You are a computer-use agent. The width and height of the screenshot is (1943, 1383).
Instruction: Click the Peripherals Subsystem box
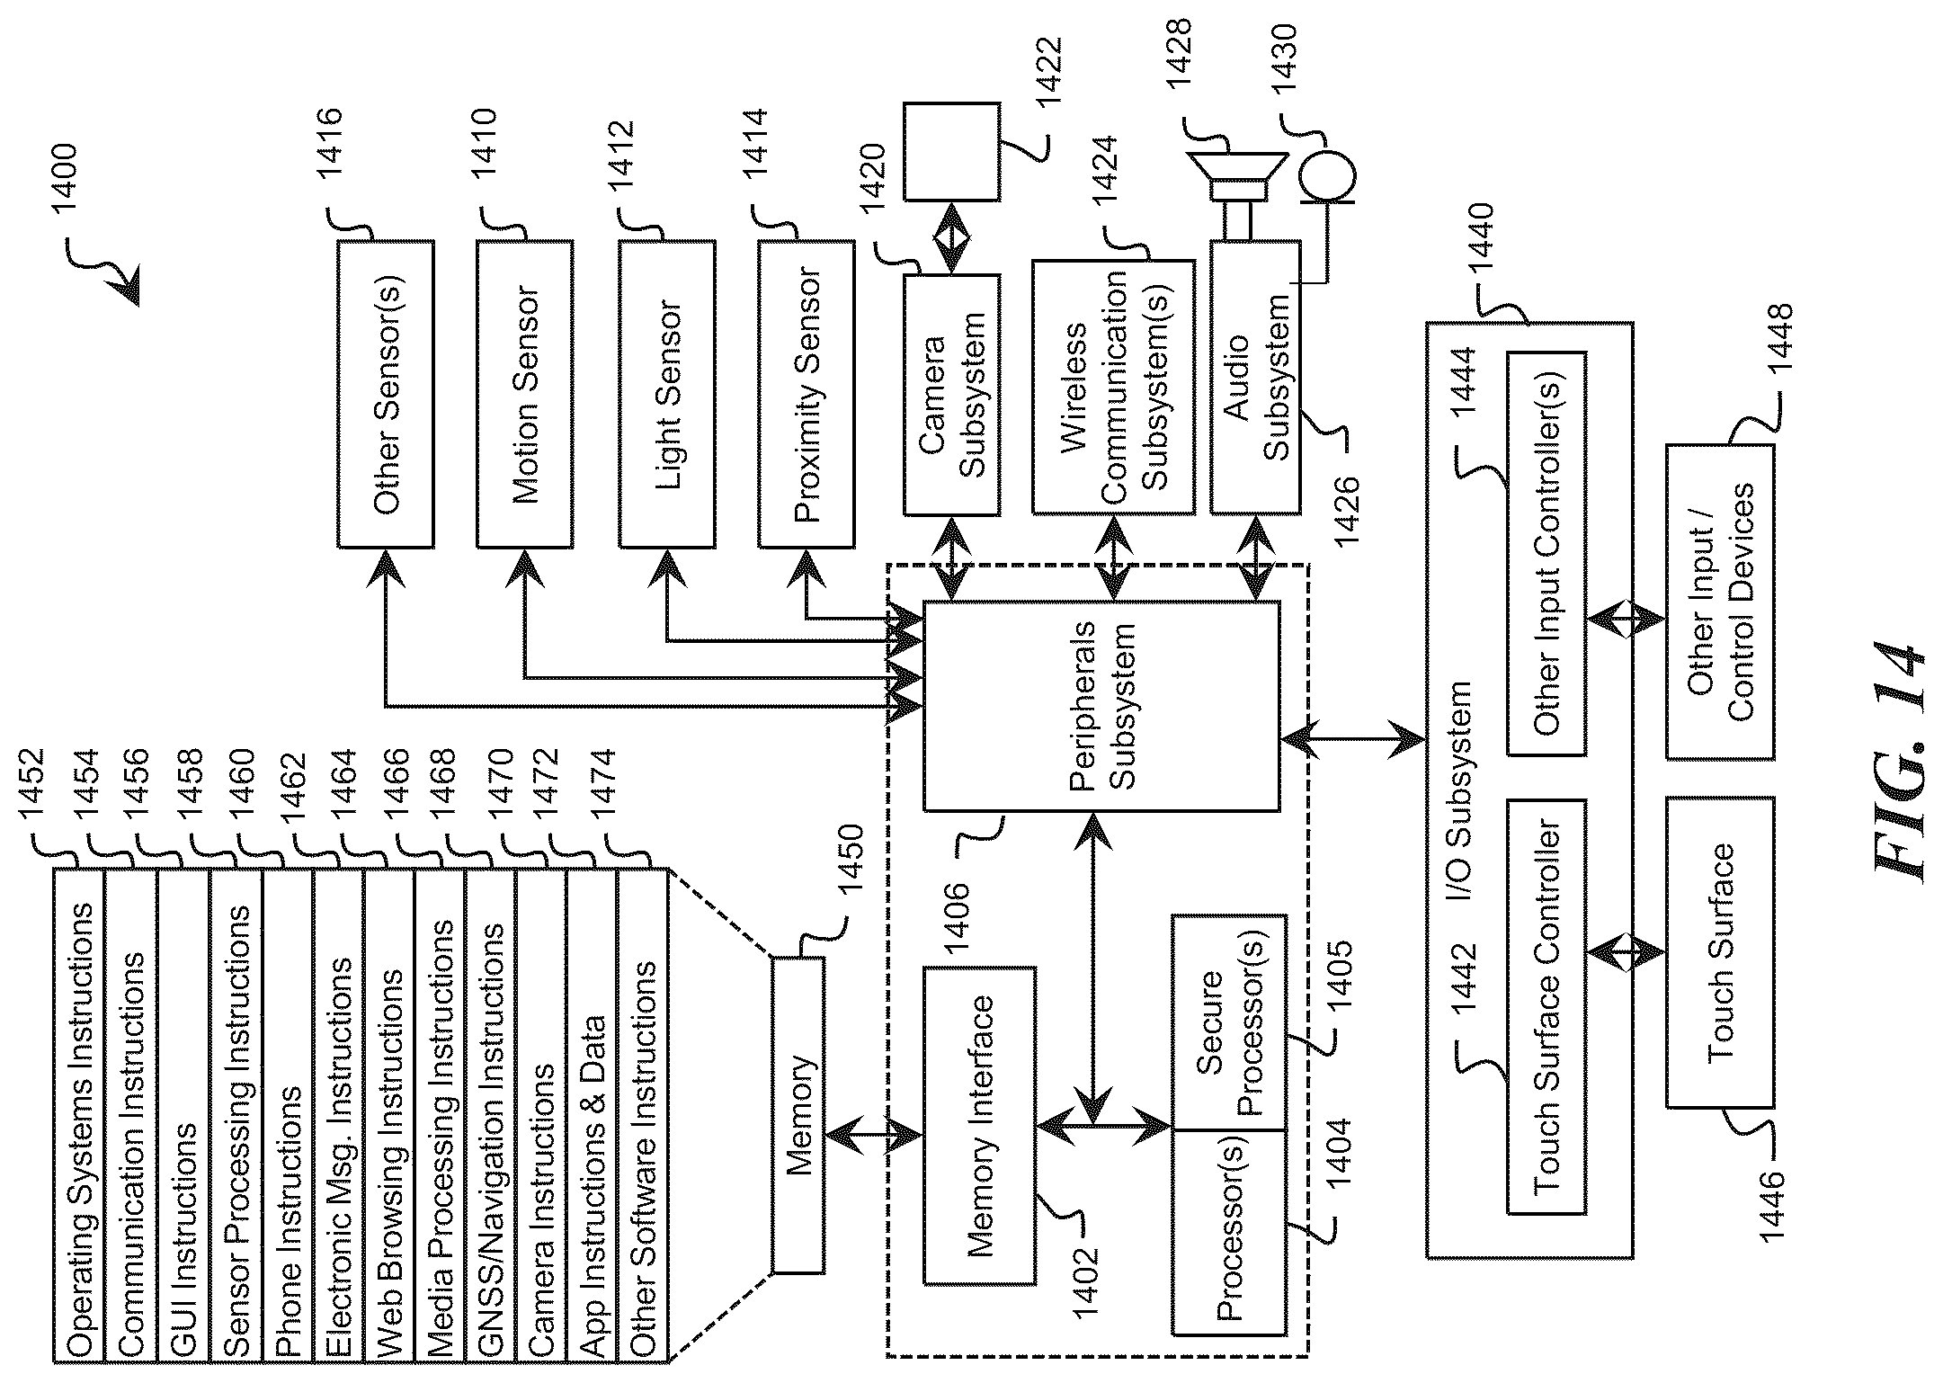click(x=1101, y=707)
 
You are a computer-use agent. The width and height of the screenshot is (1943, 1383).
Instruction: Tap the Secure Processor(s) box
click(x=1229, y=1023)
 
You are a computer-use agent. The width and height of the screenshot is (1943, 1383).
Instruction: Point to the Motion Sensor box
click(x=524, y=394)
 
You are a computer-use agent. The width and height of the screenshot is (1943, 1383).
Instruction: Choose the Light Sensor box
click(x=667, y=394)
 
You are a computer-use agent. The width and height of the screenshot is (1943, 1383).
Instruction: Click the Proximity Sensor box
click(x=807, y=394)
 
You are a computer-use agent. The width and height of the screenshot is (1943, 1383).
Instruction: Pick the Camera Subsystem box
click(x=951, y=395)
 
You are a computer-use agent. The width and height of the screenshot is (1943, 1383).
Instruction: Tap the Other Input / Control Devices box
click(x=1720, y=602)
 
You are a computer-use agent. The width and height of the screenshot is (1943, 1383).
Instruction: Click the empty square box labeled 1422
click(x=951, y=151)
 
